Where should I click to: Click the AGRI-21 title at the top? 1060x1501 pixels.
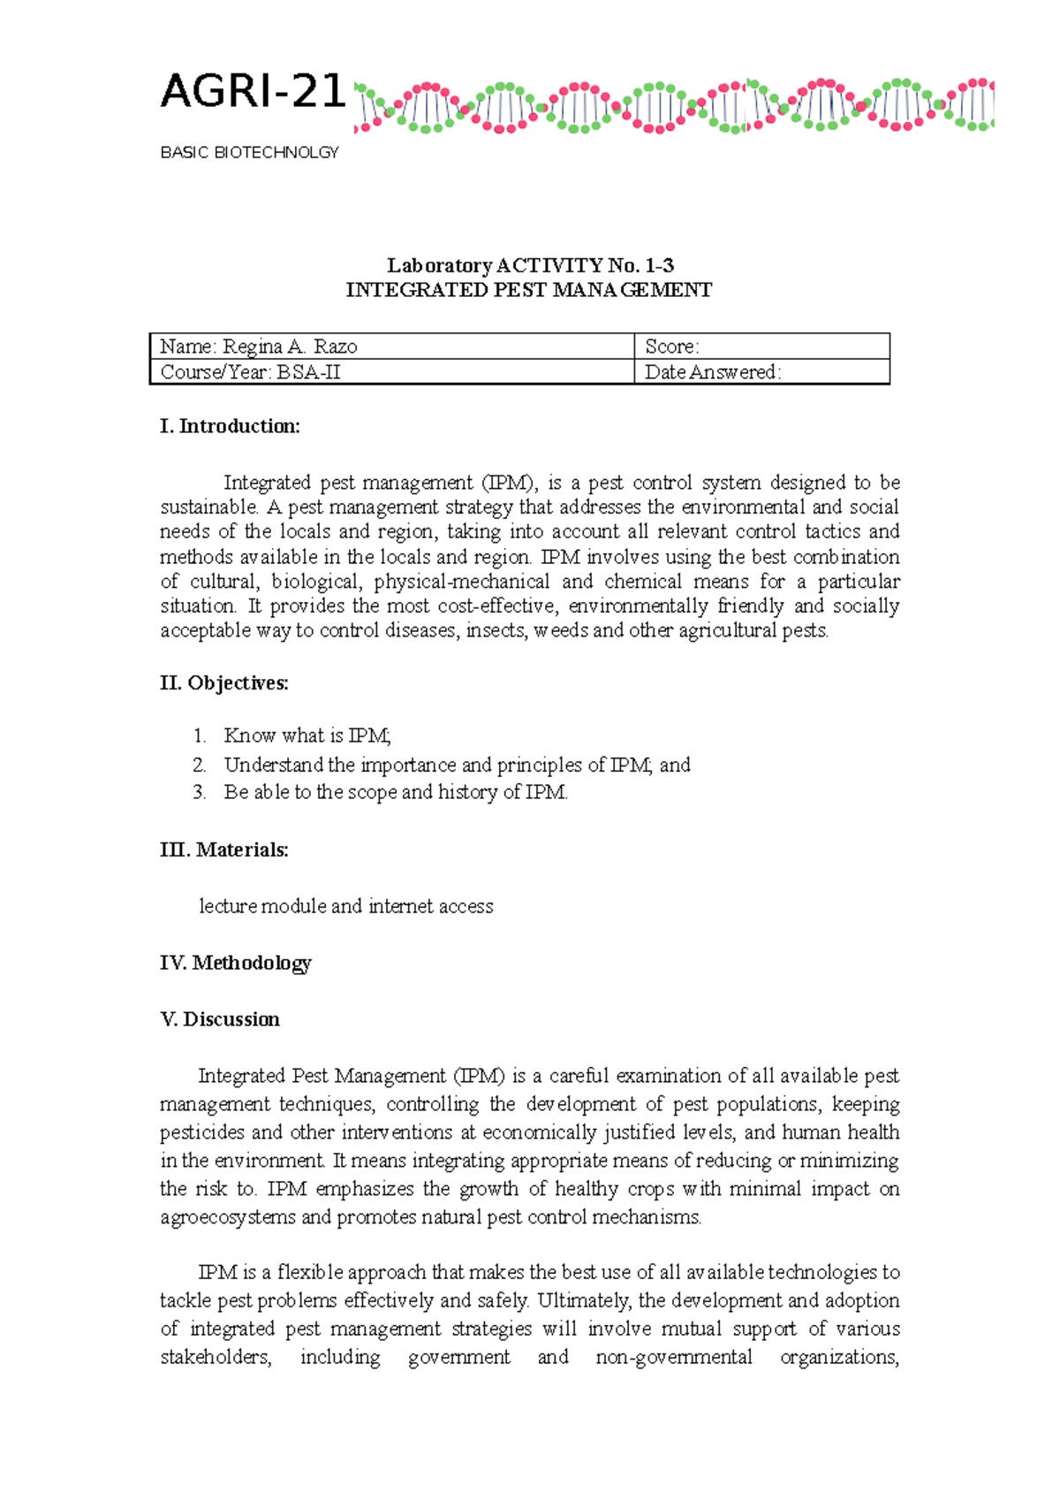[252, 92]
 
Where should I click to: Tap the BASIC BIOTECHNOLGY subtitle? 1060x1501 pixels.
[249, 153]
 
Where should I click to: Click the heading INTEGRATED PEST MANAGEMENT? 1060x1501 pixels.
[528, 290]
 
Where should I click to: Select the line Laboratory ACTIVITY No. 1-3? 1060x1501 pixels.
[530, 265]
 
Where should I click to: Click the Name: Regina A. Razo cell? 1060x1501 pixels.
[259, 347]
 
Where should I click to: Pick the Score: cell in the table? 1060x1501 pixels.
[672, 347]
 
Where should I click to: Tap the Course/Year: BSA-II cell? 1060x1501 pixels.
[250, 372]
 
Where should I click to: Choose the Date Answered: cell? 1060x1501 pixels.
[712, 372]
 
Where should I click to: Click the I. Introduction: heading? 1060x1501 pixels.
[230, 426]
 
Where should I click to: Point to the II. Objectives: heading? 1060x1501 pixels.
[224, 683]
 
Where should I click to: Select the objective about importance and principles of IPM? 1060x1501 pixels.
[457, 765]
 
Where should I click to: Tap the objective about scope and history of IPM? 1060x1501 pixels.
[396, 792]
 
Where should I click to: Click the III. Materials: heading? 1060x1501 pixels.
[224, 850]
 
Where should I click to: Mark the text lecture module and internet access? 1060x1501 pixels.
[346, 906]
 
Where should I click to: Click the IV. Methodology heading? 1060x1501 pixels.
[236, 963]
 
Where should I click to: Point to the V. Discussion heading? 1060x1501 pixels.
[220, 1019]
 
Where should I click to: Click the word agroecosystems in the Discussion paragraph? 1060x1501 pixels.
[228, 1217]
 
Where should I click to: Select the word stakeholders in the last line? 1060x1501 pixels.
[216, 1357]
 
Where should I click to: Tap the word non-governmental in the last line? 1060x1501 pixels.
[673, 1357]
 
